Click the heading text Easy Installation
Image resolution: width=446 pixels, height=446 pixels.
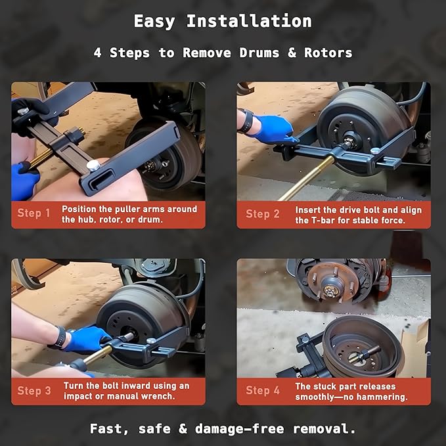(x=223, y=21)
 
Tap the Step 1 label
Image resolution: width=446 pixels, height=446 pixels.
(x=34, y=214)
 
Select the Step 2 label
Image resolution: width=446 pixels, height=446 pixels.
(x=262, y=214)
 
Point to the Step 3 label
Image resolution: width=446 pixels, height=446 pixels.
(x=34, y=391)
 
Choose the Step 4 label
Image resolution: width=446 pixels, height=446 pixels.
(x=262, y=391)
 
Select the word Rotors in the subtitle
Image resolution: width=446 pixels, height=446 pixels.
(x=330, y=53)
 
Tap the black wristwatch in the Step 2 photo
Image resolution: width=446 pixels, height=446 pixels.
(x=246, y=121)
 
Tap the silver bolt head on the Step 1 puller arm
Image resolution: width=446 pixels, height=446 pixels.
(x=95, y=165)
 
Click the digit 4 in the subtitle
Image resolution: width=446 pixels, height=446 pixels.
(x=97, y=53)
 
